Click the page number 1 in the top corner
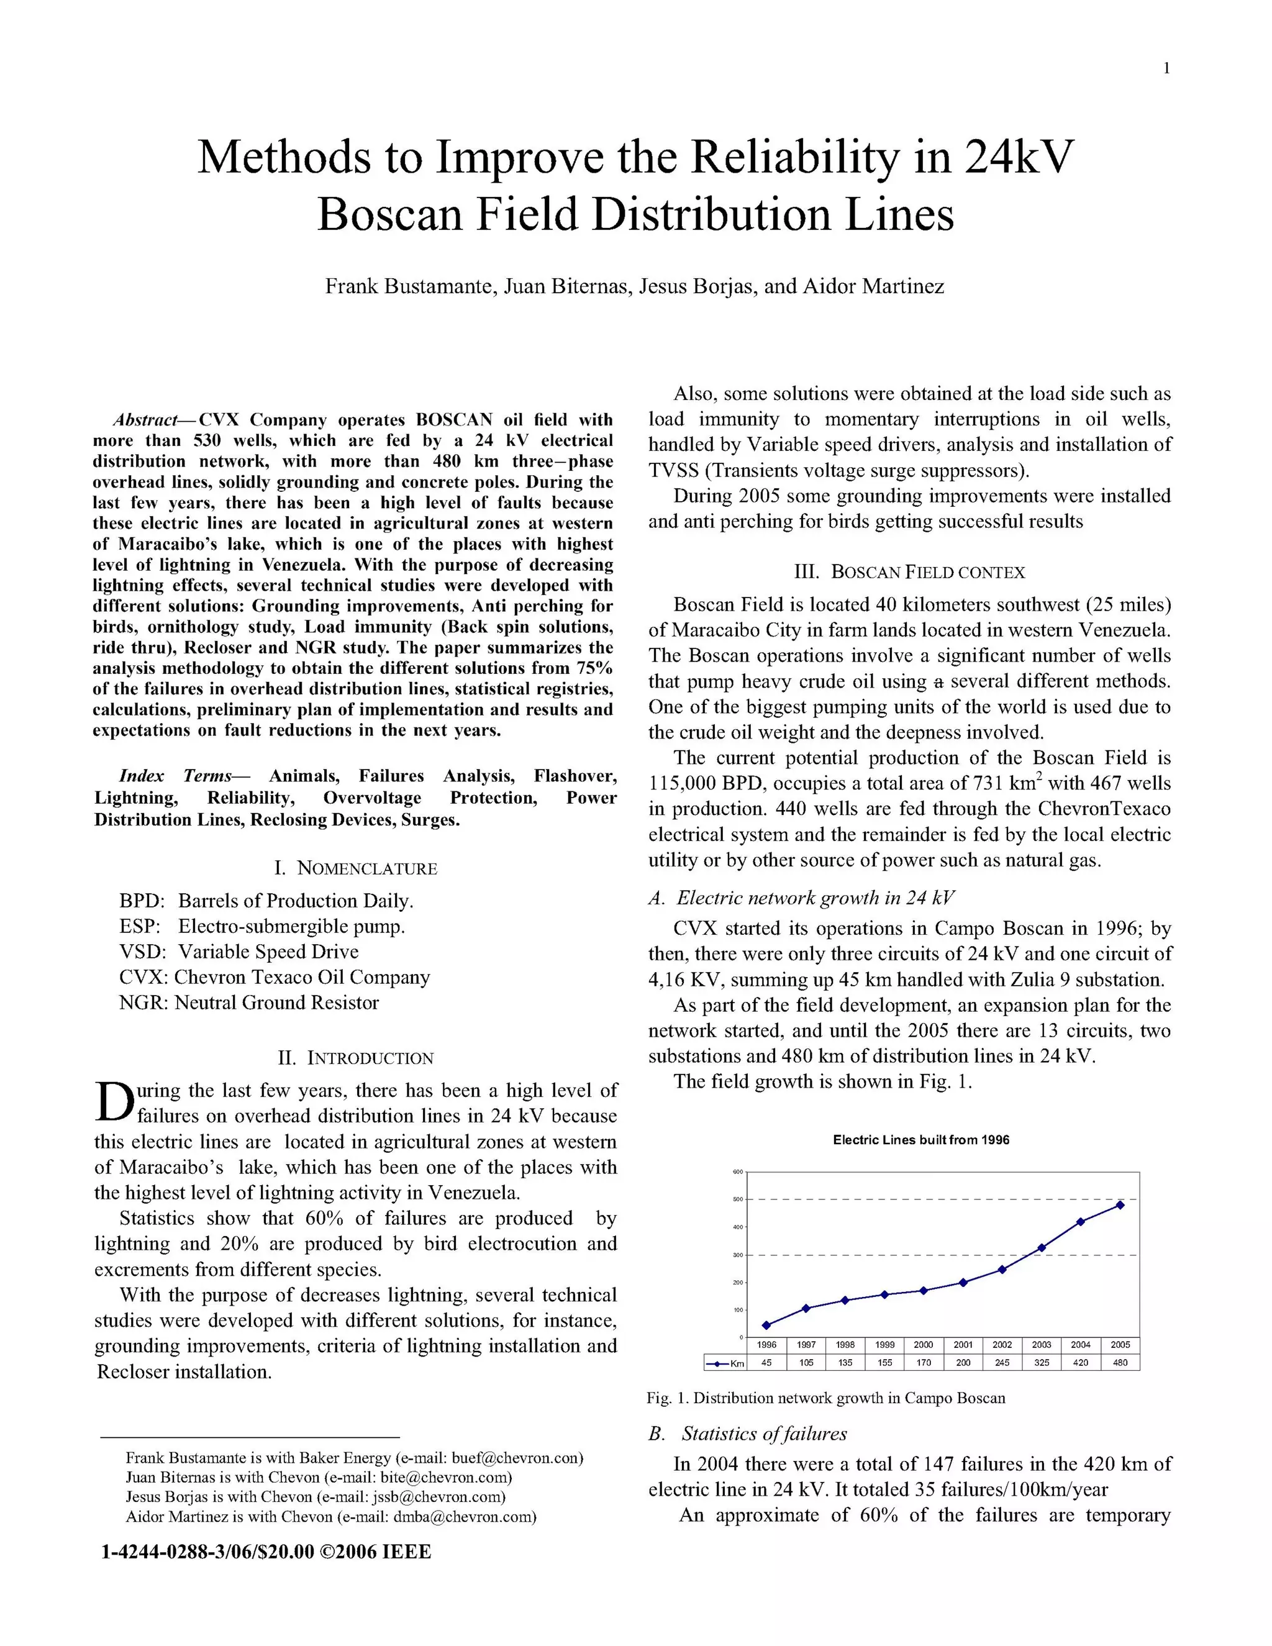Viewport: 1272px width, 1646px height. pos(1166,68)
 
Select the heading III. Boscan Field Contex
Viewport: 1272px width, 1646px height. pos(909,572)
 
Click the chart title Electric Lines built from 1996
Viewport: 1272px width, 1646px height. pos(921,1140)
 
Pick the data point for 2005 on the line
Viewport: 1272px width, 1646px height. pos(1120,1205)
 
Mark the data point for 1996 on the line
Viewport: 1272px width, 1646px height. pos(766,1325)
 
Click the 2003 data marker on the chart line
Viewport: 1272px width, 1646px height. pos(1042,1248)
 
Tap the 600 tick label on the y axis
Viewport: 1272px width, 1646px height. pos(738,1173)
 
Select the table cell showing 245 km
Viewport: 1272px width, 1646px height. pos(1002,1363)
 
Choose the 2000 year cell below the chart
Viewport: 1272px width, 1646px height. pos(923,1345)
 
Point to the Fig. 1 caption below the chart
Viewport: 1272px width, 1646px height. pos(826,1399)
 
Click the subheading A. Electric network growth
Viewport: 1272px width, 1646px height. pos(801,898)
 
